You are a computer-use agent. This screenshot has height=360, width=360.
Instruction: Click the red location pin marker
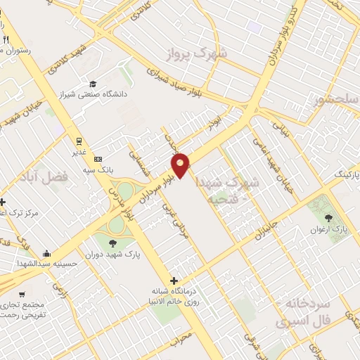[181, 165]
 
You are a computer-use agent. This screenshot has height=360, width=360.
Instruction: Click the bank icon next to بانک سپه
[97, 159]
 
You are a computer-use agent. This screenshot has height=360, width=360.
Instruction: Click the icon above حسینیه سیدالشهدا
[46, 253]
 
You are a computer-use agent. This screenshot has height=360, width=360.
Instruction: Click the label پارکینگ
[344, 172]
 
